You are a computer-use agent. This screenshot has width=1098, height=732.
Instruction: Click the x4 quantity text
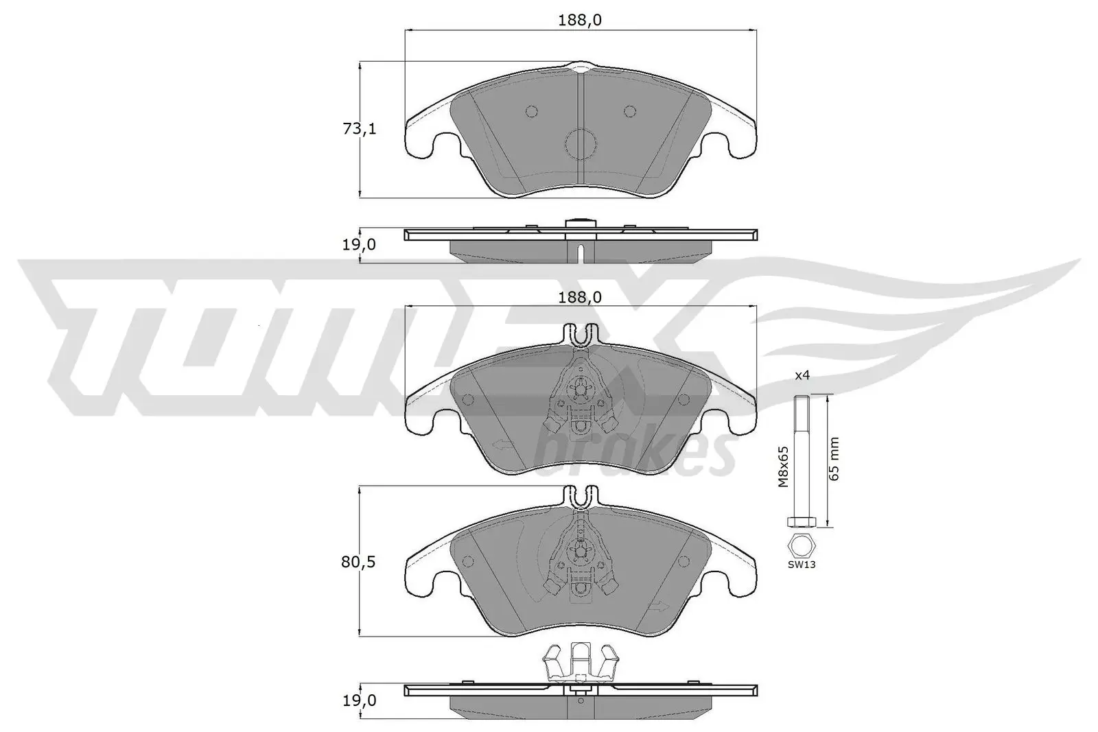pyautogui.click(x=802, y=375)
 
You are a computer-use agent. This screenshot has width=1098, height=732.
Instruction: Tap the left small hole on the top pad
pyautogui.click(x=531, y=111)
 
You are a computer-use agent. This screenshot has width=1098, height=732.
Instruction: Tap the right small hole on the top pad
pyautogui.click(x=630, y=111)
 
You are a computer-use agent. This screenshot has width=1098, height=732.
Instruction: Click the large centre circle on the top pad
pyautogui.click(x=581, y=144)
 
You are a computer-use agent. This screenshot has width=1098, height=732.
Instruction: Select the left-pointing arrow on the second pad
pyautogui.click(x=502, y=445)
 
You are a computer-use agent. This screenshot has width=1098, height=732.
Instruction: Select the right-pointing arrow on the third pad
pyautogui.click(x=660, y=606)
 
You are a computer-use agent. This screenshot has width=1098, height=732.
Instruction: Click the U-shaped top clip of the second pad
pyautogui.click(x=581, y=335)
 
